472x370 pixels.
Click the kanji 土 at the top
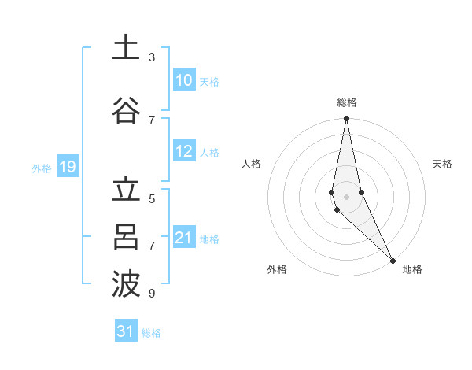[x=126, y=47]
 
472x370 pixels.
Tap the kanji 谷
[x=126, y=110]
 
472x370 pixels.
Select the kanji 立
[x=126, y=191]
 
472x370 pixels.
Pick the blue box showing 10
[x=184, y=80]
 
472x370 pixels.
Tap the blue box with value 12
[x=184, y=152]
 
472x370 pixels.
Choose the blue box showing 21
[x=184, y=238]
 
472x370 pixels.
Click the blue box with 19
[x=68, y=167]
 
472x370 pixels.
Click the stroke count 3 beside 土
[x=152, y=57]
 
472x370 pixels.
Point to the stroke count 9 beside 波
[x=152, y=294]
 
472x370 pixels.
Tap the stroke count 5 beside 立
[x=152, y=199]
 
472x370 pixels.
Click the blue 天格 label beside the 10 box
[x=209, y=81]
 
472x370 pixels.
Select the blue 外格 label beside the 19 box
[x=42, y=168]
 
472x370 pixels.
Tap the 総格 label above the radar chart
[x=346, y=102]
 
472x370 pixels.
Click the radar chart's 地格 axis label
[x=412, y=269]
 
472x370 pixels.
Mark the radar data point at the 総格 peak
[x=346, y=119]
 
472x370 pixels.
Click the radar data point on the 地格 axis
[x=392, y=260]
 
